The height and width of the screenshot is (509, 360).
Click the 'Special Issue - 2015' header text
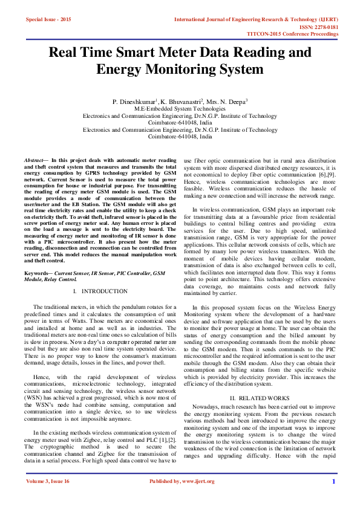48,20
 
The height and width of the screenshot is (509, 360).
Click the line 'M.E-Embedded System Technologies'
180,108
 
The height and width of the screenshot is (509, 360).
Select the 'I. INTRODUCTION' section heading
99,291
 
